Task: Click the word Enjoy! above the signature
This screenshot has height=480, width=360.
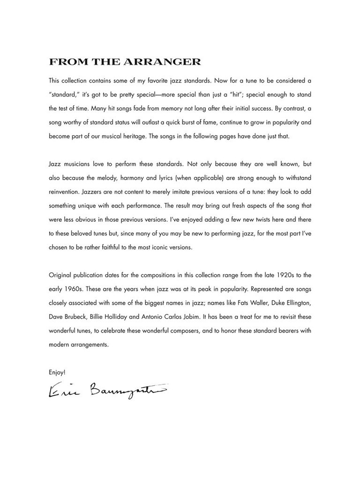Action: [57, 372]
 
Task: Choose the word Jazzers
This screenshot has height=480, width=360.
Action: [98, 192]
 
